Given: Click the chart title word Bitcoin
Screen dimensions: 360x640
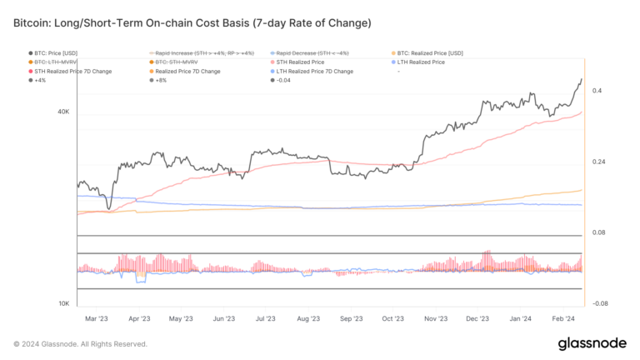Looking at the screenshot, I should coord(34,20).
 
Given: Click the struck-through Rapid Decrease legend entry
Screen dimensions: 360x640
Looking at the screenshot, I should coord(308,53).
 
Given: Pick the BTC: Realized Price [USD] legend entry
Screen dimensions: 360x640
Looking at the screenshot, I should coord(433,53).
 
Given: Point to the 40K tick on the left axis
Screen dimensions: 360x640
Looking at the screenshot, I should coord(62,111).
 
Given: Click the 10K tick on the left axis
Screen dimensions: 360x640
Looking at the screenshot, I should coord(62,303).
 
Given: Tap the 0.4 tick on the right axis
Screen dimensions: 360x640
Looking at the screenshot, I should coord(597,91).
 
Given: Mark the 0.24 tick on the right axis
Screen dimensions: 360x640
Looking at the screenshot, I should coord(598,162).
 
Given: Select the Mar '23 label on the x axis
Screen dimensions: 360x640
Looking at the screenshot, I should coord(97,318).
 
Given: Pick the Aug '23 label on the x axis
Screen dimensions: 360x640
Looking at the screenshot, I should coord(308,318).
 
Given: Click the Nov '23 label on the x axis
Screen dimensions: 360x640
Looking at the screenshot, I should coord(436,318).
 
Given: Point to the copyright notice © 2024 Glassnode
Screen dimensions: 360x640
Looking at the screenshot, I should coord(80,343).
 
